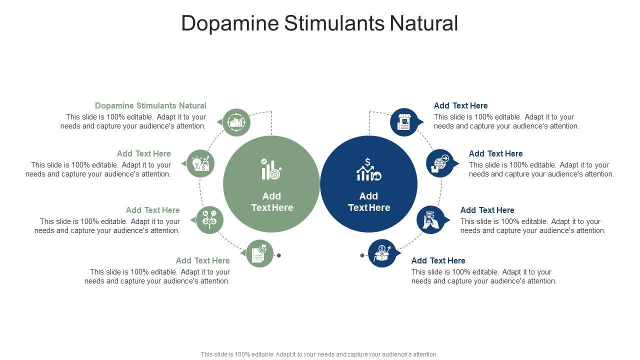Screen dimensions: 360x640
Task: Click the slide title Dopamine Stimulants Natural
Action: pos(319,23)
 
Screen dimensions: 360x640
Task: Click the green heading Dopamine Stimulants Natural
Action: pos(150,105)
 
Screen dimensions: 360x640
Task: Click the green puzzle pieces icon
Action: pos(236,122)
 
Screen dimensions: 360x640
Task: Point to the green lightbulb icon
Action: pos(200,163)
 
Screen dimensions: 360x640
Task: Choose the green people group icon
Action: pos(209,220)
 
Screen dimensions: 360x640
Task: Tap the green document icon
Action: pos(259,253)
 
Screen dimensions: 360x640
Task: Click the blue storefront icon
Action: pos(404,122)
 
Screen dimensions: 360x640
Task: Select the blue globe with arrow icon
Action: pos(440,163)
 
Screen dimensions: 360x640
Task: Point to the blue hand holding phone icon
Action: pos(430,220)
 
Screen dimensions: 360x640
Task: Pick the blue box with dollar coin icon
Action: pos(382,253)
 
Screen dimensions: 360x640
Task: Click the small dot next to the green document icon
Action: pos(279,255)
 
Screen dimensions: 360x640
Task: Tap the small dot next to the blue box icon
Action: pos(362,255)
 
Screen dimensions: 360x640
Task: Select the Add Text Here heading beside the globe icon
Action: pos(495,153)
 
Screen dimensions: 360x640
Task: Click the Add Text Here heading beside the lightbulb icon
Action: pos(144,153)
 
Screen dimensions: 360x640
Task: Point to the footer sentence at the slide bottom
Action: pos(319,354)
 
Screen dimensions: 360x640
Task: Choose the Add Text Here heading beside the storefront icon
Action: pos(460,105)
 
